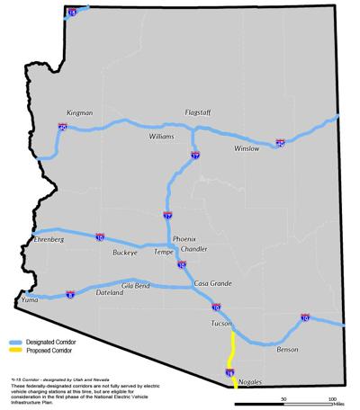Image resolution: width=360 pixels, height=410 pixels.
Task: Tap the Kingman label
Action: (79, 113)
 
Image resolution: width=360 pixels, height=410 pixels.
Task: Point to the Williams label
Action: (162, 137)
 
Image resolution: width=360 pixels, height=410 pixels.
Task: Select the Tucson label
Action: (222, 322)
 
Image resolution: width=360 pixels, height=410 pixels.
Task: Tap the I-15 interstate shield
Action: (72, 13)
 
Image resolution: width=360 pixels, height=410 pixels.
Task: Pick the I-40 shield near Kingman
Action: (62, 128)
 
